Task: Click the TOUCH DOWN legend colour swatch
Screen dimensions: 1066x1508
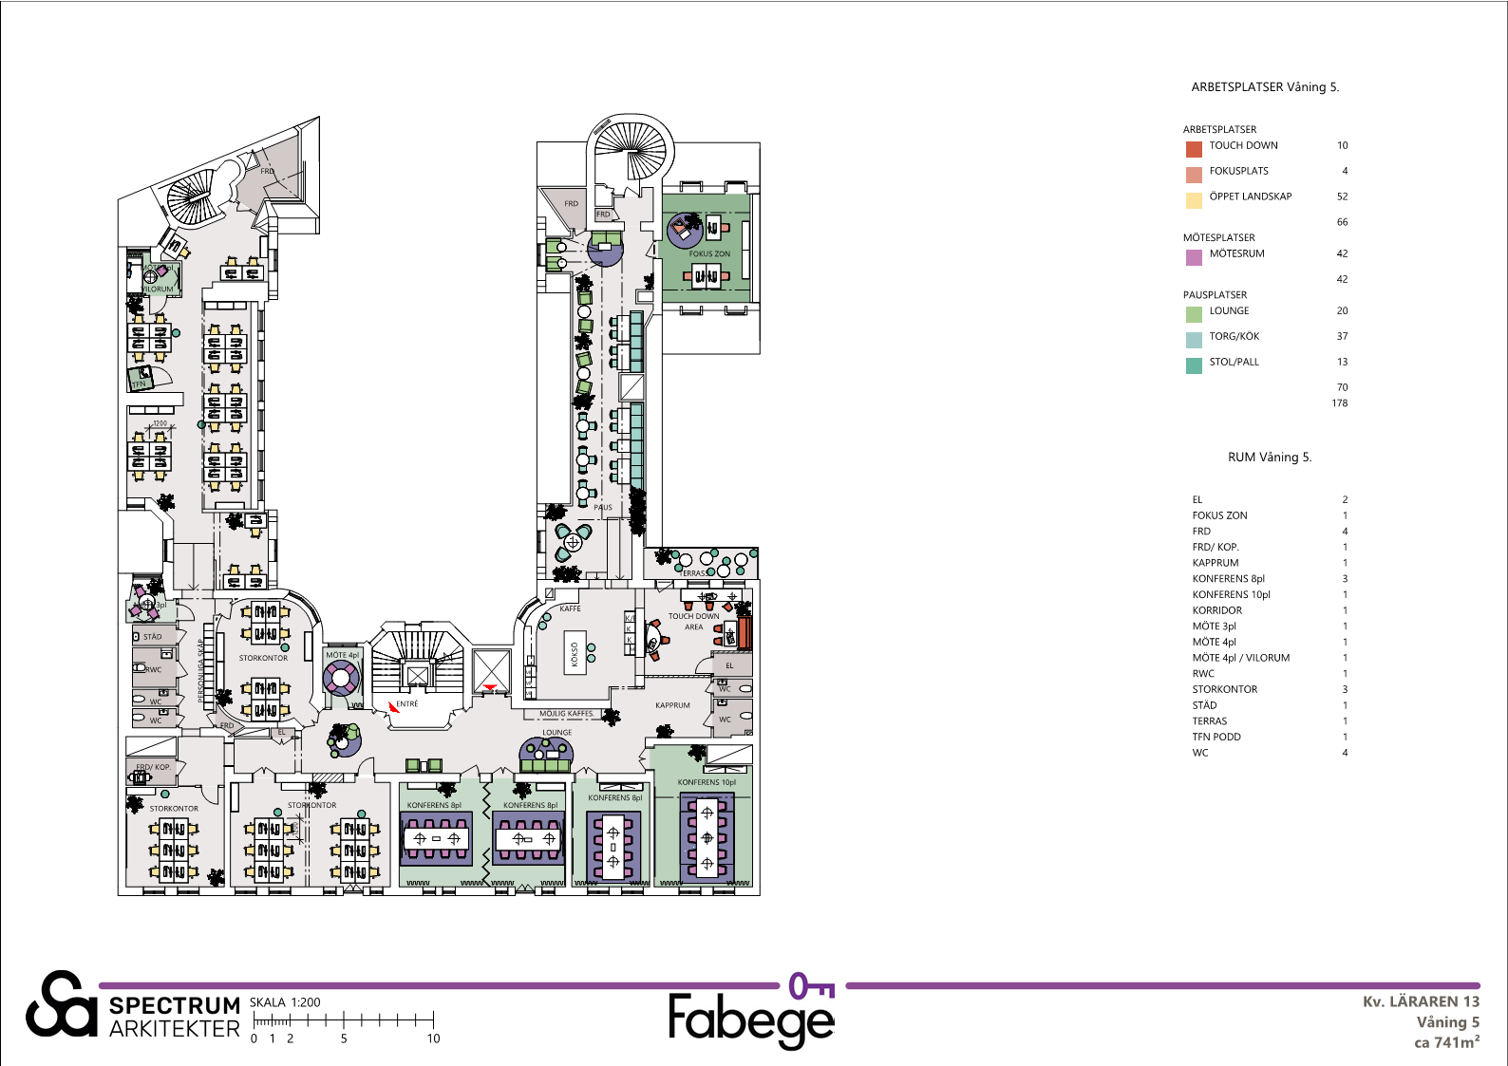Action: click(1194, 149)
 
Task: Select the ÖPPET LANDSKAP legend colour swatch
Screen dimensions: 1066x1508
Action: click(1194, 200)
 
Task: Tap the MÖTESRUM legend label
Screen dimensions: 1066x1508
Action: click(1236, 253)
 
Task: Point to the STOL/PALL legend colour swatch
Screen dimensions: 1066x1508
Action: click(1194, 365)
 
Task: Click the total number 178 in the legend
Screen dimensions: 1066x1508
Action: click(1339, 403)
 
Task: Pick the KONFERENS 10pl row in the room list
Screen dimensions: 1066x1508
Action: click(1231, 594)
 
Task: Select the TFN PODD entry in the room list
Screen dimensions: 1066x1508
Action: click(1216, 737)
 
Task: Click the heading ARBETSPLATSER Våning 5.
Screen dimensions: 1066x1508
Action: click(1265, 87)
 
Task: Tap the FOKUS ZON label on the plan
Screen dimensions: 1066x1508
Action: click(709, 254)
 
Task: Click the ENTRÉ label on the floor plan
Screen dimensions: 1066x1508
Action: click(407, 704)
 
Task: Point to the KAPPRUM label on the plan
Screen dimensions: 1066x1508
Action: click(672, 705)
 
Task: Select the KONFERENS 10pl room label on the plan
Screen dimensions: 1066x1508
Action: click(707, 783)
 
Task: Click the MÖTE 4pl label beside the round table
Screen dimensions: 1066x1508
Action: click(342, 655)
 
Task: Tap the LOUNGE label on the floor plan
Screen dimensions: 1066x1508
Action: click(557, 733)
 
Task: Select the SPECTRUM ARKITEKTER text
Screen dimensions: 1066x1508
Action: click(174, 1018)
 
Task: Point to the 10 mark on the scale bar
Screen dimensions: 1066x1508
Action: click(433, 1038)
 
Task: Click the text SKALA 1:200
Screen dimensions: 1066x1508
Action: click(285, 1002)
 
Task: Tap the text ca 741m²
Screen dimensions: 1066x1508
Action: click(1446, 1042)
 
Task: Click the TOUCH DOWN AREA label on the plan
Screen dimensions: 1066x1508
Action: click(693, 621)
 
